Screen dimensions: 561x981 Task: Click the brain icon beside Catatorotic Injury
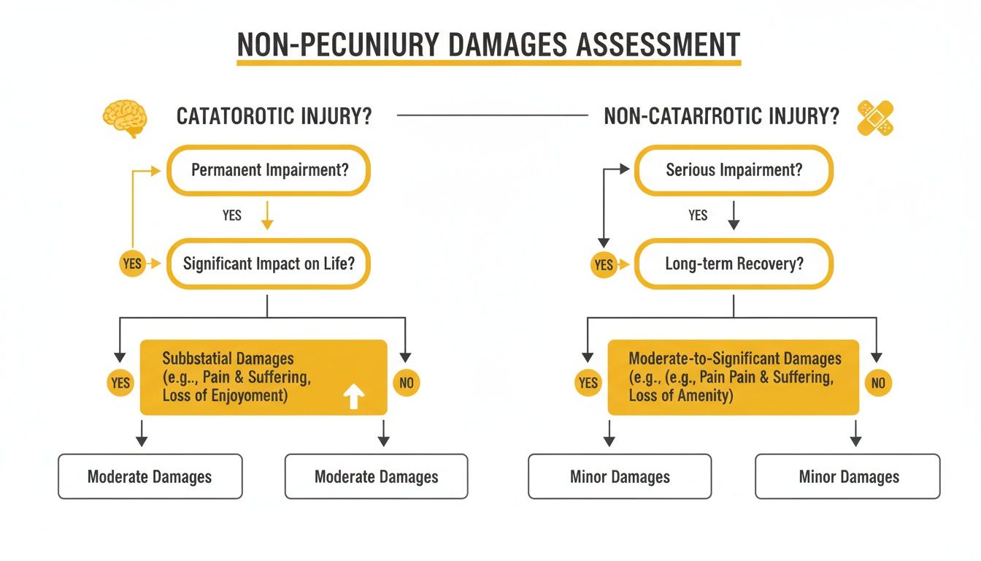pyautogui.click(x=126, y=118)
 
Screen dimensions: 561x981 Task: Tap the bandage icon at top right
pyautogui.click(x=877, y=118)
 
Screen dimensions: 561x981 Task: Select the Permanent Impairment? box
pyautogui.click(x=269, y=170)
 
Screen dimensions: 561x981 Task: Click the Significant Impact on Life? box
pyautogui.click(x=269, y=264)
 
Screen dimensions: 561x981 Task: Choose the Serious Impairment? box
pyautogui.click(x=734, y=170)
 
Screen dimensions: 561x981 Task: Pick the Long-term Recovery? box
pyautogui.click(x=734, y=264)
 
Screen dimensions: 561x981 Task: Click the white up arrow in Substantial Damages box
pyautogui.click(x=354, y=397)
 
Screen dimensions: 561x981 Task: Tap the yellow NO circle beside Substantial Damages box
pyautogui.click(x=406, y=382)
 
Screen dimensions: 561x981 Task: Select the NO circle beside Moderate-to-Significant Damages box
pyautogui.click(x=878, y=382)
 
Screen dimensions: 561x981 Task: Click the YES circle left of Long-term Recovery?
pyautogui.click(x=604, y=264)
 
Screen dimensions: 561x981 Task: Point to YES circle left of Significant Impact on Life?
pyautogui.click(x=132, y=264)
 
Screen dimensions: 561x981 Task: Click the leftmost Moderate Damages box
pyautogui.click(x=150, y=477)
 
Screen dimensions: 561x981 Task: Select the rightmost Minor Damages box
pyautogui.click(x=848, y=477)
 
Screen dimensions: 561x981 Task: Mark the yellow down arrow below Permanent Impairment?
pyautogui.click(x=268, y=216)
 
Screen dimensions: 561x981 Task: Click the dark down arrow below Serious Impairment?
pyautogui.click(x=734, y=216)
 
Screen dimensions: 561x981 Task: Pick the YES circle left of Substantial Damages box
pyautogui.click(x=120, y=382)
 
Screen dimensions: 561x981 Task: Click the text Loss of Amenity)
pyautogui.click(x=680, y=395)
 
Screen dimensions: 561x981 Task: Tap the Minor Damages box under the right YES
pyautogui.click(x=620, y=477)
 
